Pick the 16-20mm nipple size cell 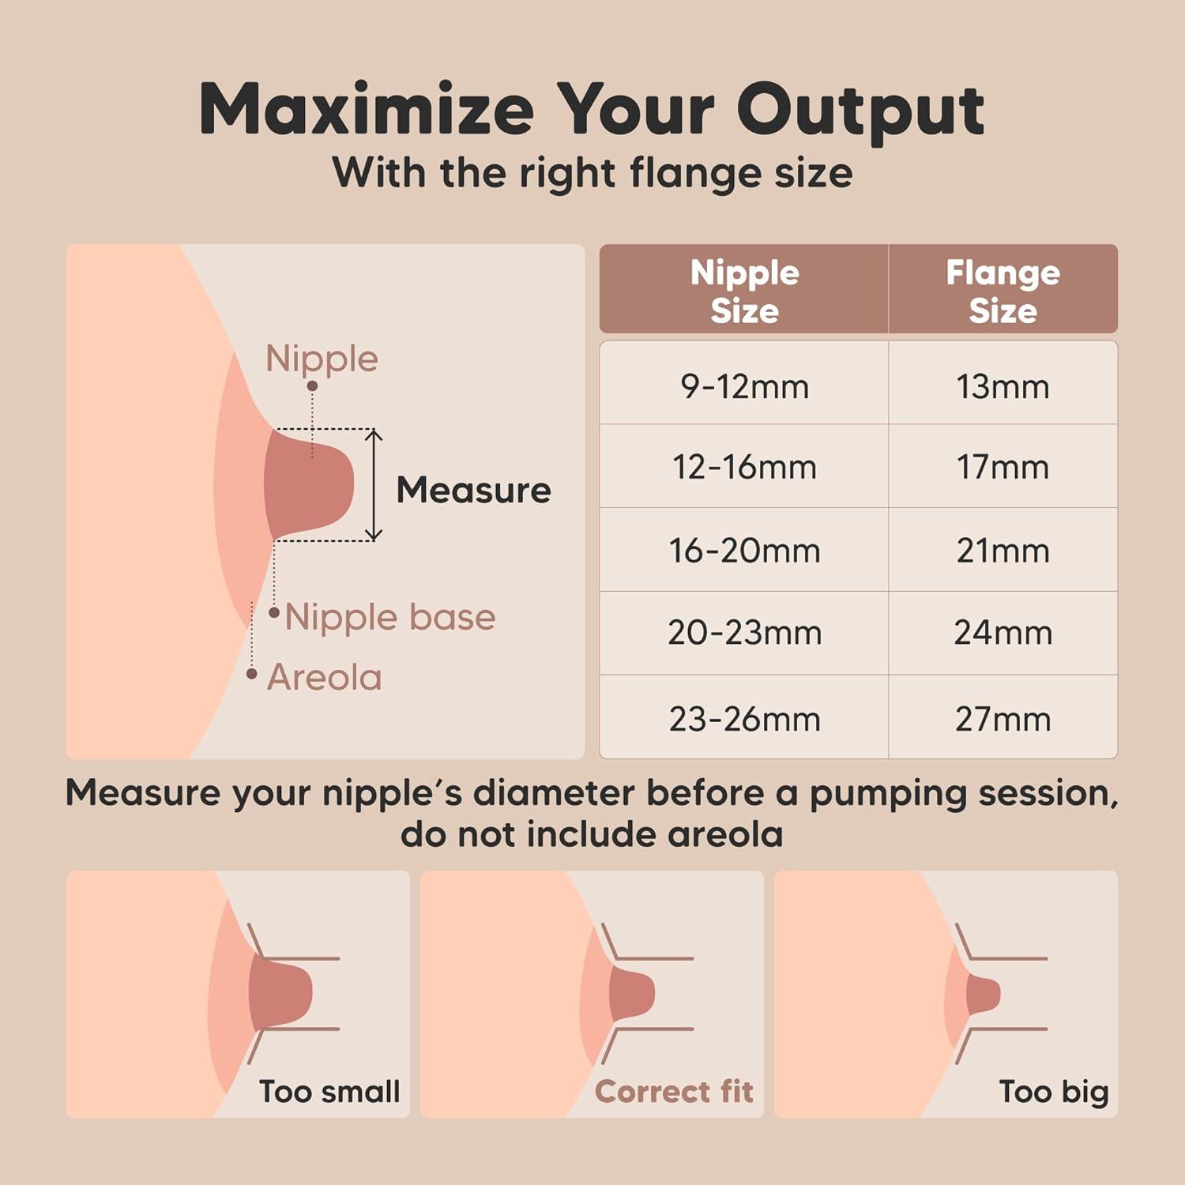744,551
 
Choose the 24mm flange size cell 1003,633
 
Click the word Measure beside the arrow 473,490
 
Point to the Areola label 324,678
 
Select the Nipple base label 389,617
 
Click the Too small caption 329,1092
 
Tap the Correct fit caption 674,1092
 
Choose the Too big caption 1054,1093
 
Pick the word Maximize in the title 367,109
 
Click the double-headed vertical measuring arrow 374,485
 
